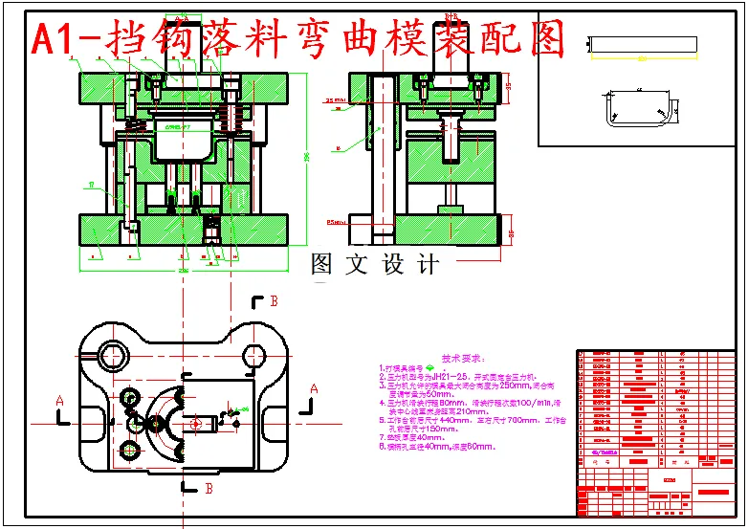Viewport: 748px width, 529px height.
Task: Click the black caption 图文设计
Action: tap(374, 265)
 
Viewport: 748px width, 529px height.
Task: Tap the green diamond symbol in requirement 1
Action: tap(429, 367)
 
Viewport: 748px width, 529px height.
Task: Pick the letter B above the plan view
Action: tap(273, 301)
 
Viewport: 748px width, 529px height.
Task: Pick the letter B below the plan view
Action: tap(209, 488)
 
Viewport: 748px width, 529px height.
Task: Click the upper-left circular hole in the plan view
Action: tap(110, 354)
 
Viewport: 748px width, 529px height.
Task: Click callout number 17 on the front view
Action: tap(90, 183)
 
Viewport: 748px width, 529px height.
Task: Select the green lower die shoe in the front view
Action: tap(182, 230)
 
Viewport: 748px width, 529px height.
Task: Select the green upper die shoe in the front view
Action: tap(182, 91)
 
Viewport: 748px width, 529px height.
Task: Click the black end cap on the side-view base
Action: tap(501, 231)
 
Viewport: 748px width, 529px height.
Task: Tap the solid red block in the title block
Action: tap(714, 492)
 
